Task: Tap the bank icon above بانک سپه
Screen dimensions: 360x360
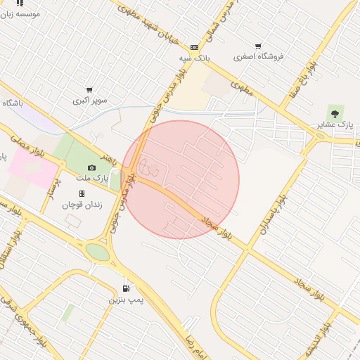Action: pos(194,48)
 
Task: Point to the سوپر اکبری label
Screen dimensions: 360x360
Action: pos(91,101)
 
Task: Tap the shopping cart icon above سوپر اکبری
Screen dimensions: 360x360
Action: pos(89,89)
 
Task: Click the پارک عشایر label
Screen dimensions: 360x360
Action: pos(335,124)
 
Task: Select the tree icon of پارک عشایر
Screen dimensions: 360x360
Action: pos(334,112)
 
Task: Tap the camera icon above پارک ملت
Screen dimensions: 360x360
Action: pos(91,167)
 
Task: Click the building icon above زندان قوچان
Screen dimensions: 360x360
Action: pos(82,193)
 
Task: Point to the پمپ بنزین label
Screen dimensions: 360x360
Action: pos(126,300)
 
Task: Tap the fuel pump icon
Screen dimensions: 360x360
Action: pos(126,288)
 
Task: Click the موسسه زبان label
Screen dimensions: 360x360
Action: pos(20,14)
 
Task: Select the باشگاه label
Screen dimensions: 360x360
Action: pos(12,103)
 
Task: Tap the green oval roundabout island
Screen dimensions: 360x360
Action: pos(98,251)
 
